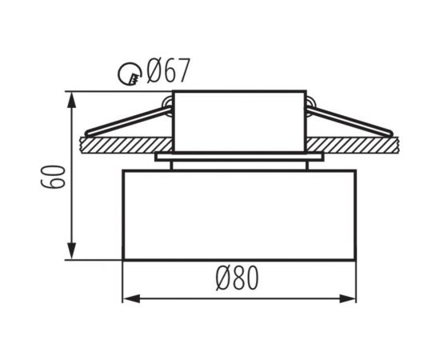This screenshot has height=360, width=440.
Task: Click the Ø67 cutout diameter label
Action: pos(167,72)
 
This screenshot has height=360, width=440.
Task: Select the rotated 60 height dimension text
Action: pos(52,176)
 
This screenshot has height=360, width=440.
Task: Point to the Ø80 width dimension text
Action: pos(238,278)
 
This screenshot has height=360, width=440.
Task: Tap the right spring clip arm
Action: pos(352,120)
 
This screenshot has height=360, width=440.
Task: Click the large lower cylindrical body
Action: pos(238,214)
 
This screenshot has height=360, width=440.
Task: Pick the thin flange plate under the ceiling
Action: pos(238,157)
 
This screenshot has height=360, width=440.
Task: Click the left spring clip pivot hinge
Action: pos(166,102)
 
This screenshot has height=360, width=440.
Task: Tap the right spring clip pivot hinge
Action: pos(310,102)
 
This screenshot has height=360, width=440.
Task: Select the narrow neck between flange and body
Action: pos(238,166)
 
